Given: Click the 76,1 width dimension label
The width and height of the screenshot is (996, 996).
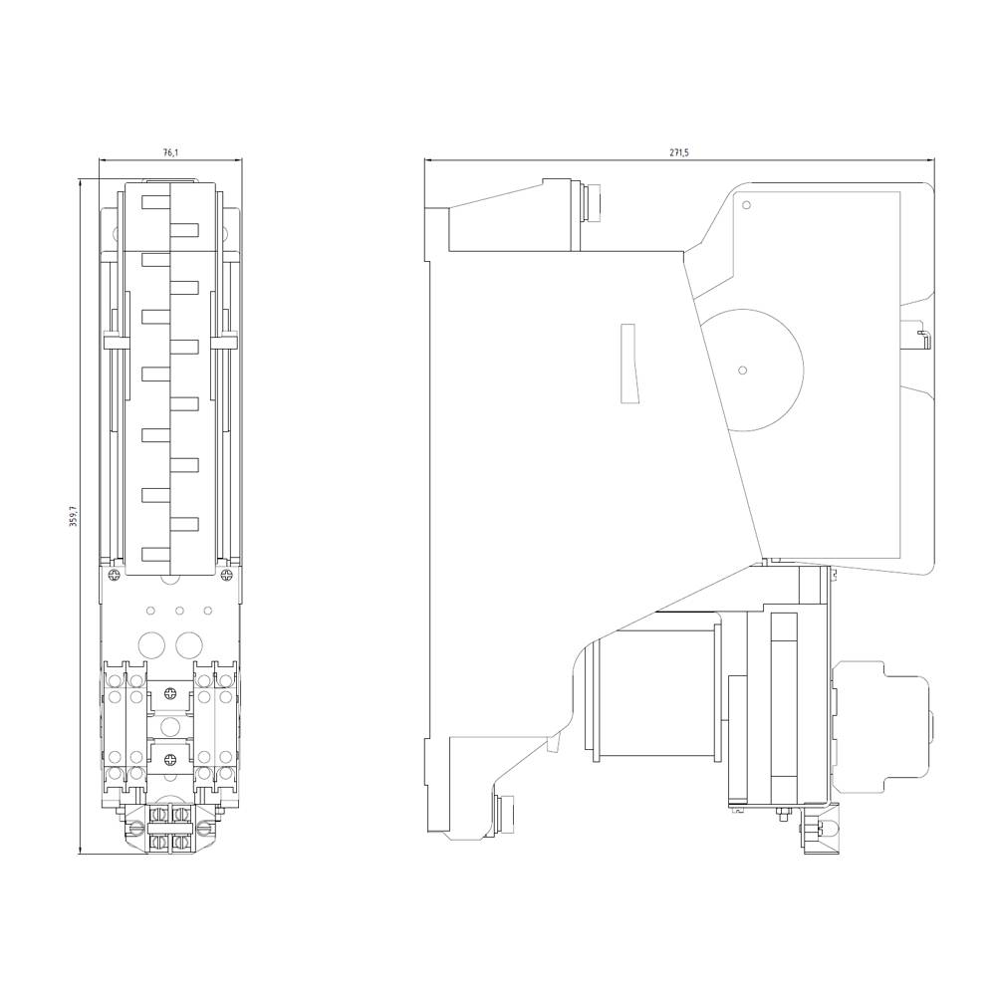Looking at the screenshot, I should point(170,152).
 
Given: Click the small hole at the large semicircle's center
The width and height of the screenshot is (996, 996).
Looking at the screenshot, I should point(742,370).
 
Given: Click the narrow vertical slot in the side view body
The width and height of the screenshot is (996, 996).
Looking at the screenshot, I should point(627,364).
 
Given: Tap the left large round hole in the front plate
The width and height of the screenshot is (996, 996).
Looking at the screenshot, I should point(152,642).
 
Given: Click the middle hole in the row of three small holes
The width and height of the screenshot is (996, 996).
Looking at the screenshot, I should point(179,611).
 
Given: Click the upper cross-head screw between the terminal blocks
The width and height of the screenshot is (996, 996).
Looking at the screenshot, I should point(170,693).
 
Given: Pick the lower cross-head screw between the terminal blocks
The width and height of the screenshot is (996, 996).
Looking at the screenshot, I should point(170,762).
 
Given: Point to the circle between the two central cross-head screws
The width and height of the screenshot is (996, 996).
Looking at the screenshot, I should point(170,726).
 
